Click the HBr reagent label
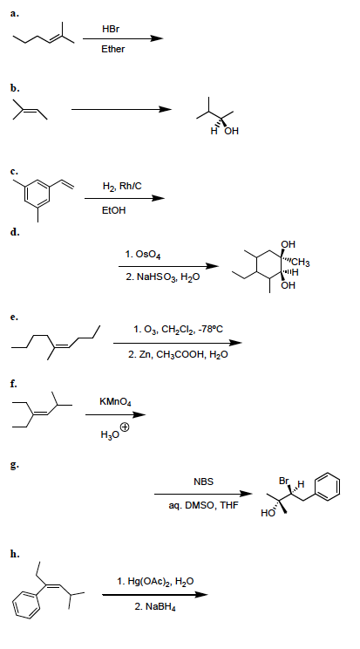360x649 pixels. (x=111, y=29)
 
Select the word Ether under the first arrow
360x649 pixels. (x=113, y=49)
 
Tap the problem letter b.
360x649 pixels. (x=15, y=88)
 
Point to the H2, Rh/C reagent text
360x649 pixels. (x=122, y=187)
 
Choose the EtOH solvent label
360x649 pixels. (x=113, y=210)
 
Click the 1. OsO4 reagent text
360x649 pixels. (x=143, y=254)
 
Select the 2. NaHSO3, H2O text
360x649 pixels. (x=163, y=277)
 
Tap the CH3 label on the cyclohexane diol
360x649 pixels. (x=302, y=263)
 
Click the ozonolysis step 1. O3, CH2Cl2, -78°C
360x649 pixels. (x=179, y=330)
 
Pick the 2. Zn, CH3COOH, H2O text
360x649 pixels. (x=178, y=355)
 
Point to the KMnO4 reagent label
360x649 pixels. (x=115, y=401)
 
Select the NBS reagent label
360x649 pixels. (x=203, y=482)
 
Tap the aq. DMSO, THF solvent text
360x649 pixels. (x=203, y=505)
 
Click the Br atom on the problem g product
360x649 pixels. (x=284, y=481)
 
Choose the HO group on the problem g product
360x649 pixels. (x=268, y=514)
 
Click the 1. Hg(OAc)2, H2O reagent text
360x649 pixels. (x=155, y=582)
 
